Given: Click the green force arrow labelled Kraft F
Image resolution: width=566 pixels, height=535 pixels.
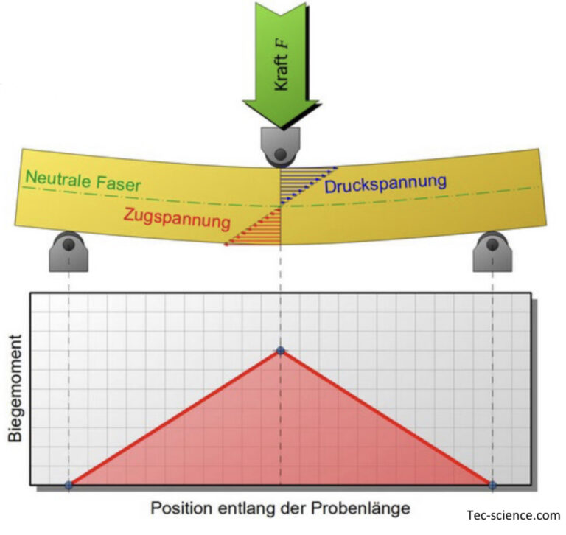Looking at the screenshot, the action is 281,65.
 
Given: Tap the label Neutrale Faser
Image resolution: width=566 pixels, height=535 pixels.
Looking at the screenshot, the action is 83,181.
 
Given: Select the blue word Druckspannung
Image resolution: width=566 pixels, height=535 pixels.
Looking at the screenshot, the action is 385,183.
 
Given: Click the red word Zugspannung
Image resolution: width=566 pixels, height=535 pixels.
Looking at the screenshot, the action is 177,218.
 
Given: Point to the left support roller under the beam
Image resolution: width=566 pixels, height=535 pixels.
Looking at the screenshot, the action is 69,251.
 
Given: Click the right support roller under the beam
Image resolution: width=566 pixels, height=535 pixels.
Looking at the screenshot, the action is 492,251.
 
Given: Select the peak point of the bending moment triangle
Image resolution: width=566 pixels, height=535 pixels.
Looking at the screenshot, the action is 281,350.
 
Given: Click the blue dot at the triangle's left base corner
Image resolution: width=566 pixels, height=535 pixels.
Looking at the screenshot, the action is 69,485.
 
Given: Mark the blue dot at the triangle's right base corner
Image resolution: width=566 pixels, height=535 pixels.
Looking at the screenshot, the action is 492,485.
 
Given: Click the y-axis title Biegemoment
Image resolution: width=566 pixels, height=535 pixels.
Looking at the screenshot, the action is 15,388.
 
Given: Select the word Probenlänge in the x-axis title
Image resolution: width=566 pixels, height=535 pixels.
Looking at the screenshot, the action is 360,508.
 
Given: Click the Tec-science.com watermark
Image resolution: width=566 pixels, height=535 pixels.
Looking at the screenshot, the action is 513,515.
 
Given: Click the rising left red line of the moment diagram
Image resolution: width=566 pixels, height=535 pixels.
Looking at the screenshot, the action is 175,418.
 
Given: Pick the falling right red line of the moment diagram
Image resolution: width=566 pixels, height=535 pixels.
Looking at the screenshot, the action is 386,418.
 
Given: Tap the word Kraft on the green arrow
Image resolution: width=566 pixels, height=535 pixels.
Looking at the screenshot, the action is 282,73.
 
